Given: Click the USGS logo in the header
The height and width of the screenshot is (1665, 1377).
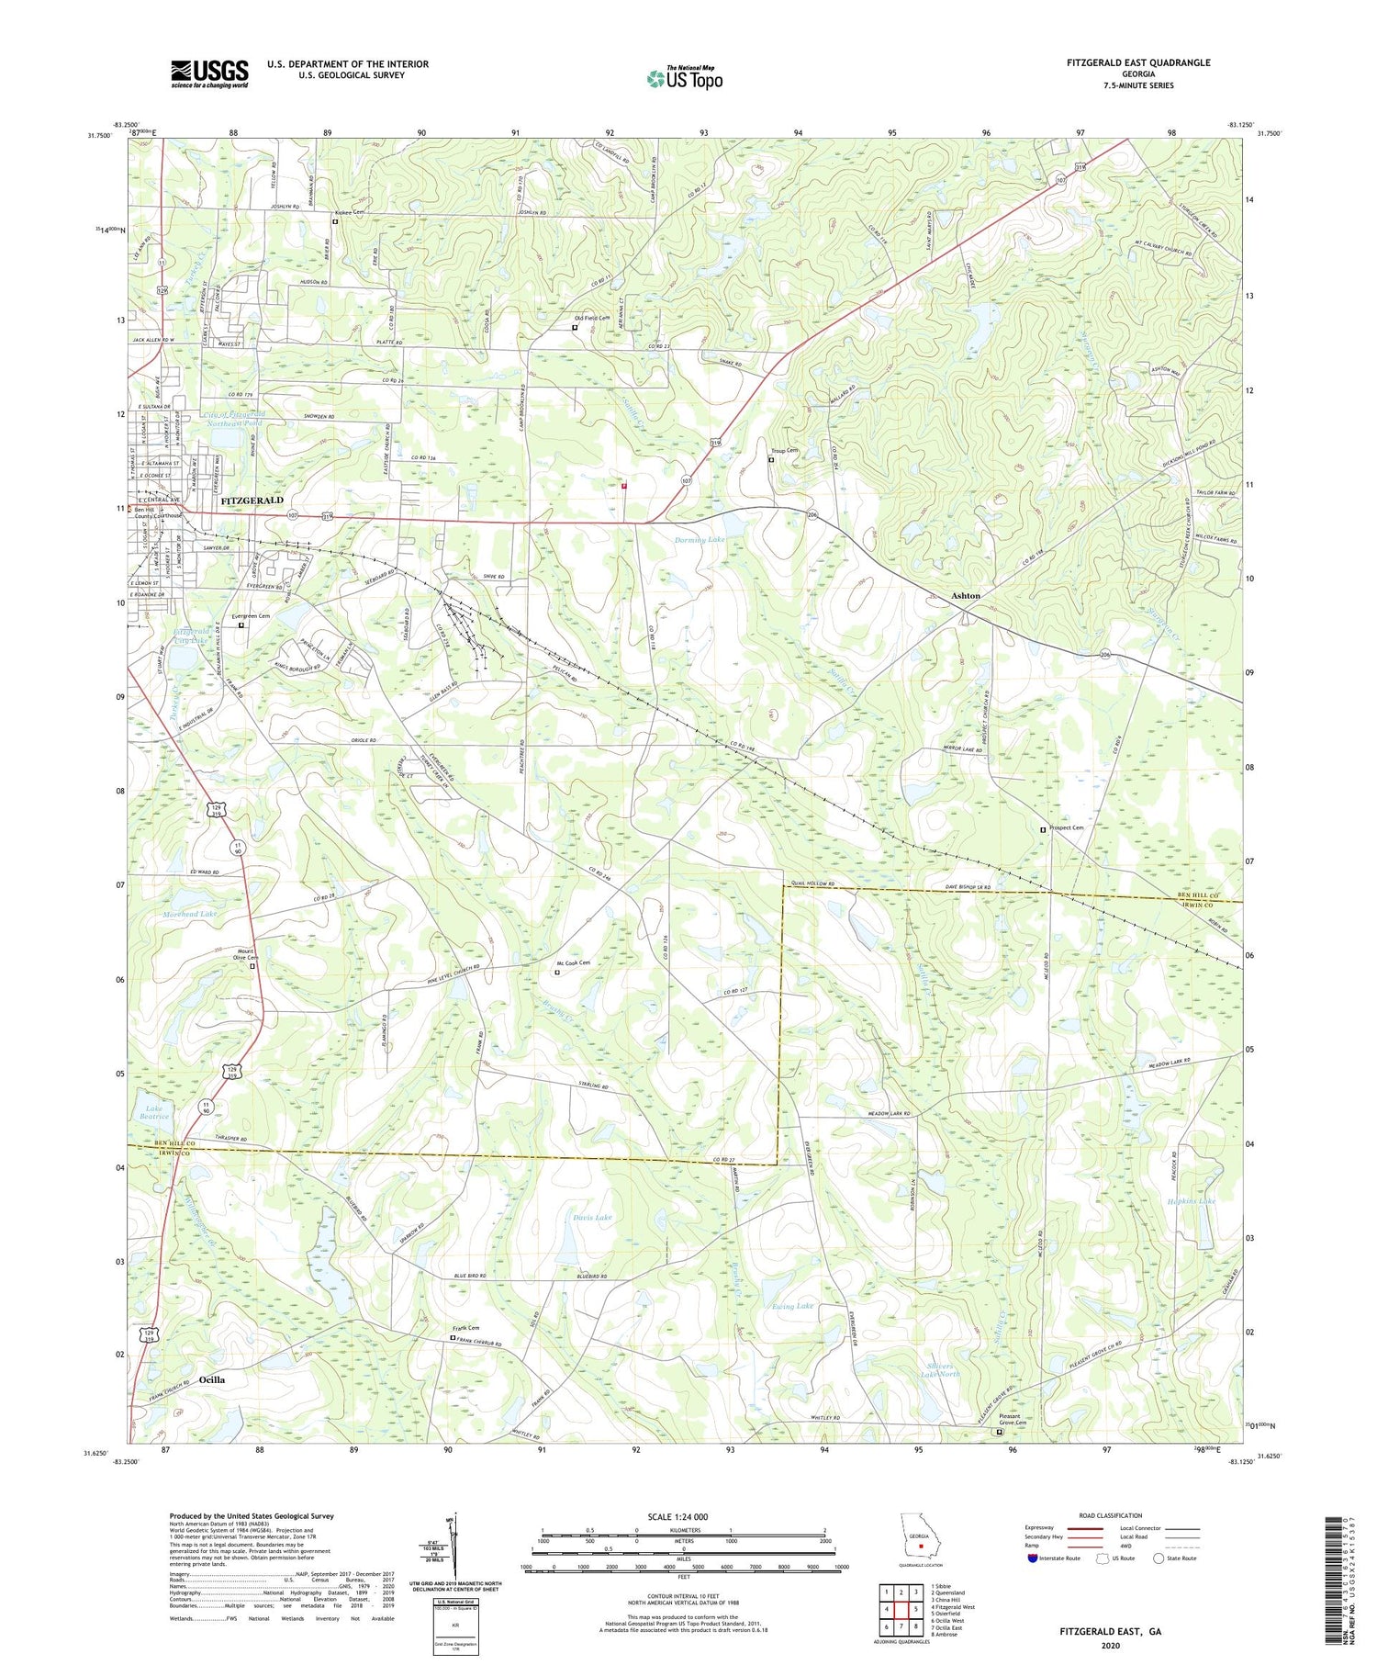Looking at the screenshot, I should (209, 73).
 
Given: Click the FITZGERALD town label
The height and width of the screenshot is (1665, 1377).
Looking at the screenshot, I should (252, 501).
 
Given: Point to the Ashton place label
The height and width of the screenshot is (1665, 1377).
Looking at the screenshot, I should (965, 596).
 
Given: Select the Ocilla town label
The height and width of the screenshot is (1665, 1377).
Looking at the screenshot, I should (211, 1379).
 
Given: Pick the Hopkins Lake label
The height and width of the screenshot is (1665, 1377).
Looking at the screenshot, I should (1191, 1201).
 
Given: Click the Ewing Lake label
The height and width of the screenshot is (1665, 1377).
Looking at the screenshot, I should (793, 1305).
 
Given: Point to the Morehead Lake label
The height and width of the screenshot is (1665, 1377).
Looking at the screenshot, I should (190, 915).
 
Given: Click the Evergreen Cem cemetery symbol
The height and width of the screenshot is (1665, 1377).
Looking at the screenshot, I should (241, 625).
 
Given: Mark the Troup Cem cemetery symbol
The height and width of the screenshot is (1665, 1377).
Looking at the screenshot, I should (770, 460).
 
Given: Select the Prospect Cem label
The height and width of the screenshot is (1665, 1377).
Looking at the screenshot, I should (1066, 828).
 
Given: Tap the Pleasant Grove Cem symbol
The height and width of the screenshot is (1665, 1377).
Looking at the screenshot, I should (1000, 1431).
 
